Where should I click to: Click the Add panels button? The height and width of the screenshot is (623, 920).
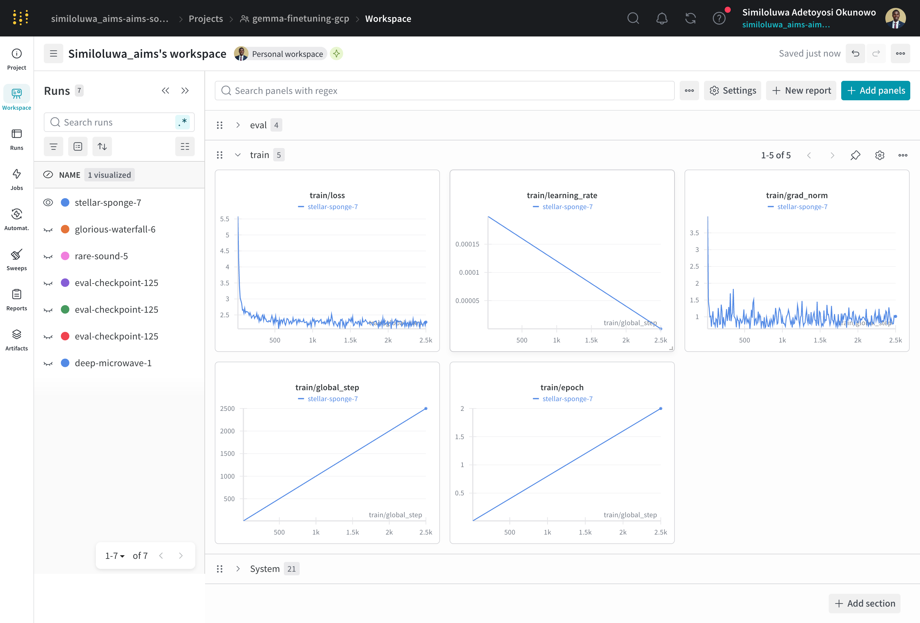[x=875, y=91]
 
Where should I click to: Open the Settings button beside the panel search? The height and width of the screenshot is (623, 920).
[x=732, y=91]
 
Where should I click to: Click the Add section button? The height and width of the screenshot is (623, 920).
[x=865, y=603]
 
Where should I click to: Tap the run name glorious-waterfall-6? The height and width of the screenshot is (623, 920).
[x=115, y=229]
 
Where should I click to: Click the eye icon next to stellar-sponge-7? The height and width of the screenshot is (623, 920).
[x=48, y=202]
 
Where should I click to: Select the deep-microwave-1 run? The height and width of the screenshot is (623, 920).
[x=113, y=363]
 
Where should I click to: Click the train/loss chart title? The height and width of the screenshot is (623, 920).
[x=327, y=195]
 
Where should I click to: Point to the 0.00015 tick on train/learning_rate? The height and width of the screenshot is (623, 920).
[x=467, y=244]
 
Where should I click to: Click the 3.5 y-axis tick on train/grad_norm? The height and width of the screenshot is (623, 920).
[x=694, y=233]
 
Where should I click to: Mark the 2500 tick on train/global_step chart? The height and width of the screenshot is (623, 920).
[x=227, y=409]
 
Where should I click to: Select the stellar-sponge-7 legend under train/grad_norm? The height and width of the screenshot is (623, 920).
[x=802, y=206]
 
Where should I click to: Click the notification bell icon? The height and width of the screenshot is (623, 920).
[x=661, y=18]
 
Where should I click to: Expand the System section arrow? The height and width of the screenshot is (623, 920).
[x=238, y=569]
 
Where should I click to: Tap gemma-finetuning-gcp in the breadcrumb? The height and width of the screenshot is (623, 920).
[x=301, y=19]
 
